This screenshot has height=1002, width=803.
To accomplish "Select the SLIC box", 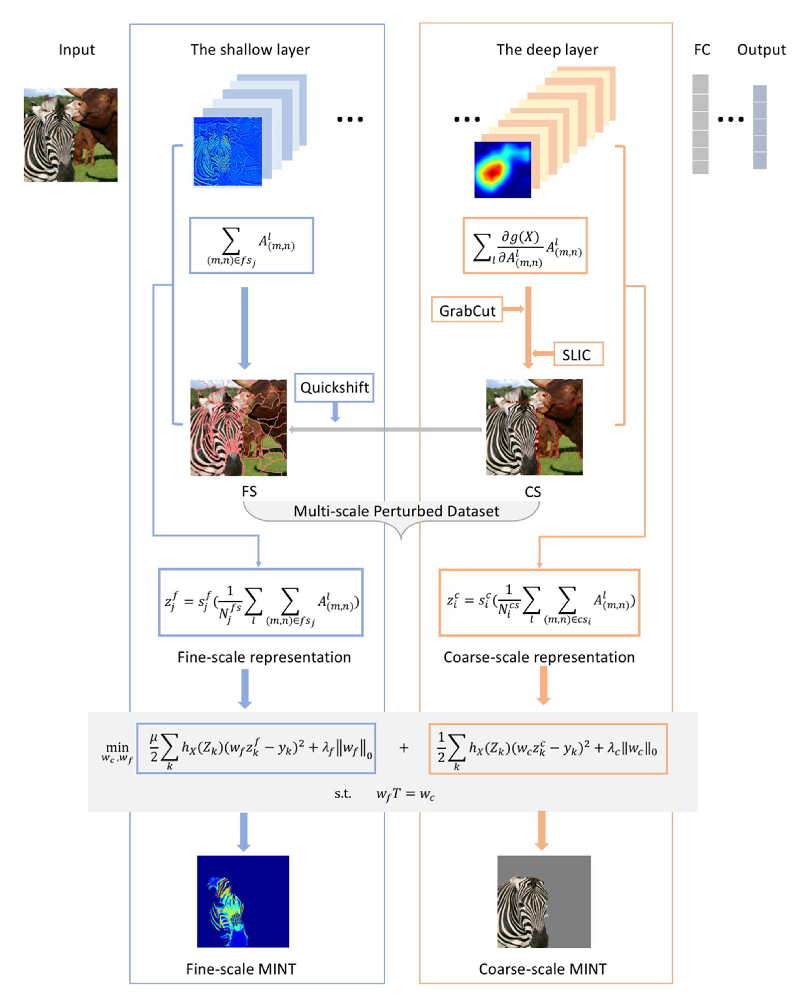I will click(578, 354).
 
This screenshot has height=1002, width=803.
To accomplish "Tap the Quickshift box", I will click(334, 387).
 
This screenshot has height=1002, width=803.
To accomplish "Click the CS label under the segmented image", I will click(533, 492).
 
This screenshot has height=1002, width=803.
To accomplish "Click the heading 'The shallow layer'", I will click(250, 50).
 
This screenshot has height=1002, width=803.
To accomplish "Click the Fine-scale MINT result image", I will click(243, 901).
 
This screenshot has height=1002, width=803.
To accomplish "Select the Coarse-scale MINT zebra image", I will click(544, 901).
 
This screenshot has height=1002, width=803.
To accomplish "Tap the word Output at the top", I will click(761, 50).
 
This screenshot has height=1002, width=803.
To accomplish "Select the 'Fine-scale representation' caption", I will click(264, 657).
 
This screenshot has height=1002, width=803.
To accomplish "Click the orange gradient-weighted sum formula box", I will click(525, 245).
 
